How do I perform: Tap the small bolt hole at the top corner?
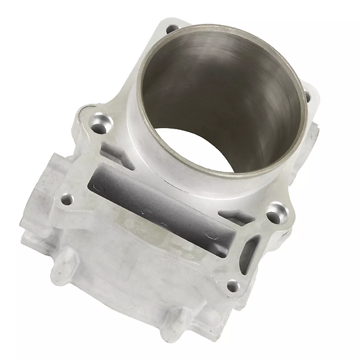(x=173, y=29)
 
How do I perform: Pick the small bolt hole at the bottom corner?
(x=233, y=286)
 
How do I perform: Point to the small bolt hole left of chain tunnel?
(x=67, y=201)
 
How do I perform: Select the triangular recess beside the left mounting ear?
(x=111, y=154)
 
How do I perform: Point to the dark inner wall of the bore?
(x=222, y=83)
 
